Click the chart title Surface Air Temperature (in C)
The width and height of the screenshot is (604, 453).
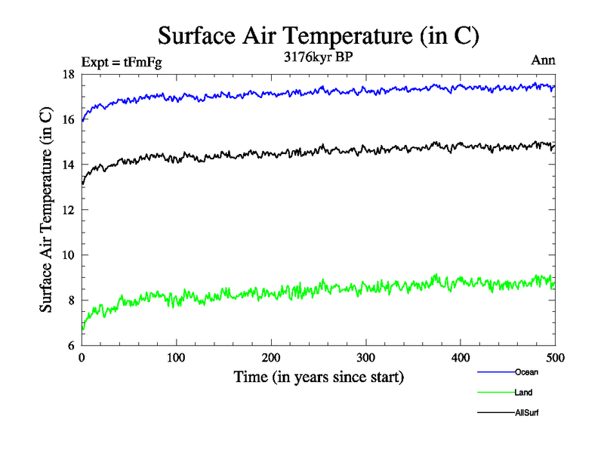318,35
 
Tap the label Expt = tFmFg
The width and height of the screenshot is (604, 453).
121,62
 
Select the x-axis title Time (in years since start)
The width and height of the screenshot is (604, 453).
318,376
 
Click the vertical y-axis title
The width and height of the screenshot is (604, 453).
47,210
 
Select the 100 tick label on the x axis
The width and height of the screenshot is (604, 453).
176,357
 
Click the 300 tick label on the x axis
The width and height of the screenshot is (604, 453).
365,357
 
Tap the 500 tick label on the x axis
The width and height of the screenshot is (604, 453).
555,357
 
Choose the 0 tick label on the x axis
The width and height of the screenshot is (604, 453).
82,357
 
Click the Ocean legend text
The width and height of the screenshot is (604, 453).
526,372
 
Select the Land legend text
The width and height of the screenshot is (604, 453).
524,393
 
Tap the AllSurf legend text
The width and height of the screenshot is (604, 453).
527,413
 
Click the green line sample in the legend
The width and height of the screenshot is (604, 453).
495,393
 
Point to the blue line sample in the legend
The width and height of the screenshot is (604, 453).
495,372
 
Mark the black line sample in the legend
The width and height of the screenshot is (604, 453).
495,413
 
